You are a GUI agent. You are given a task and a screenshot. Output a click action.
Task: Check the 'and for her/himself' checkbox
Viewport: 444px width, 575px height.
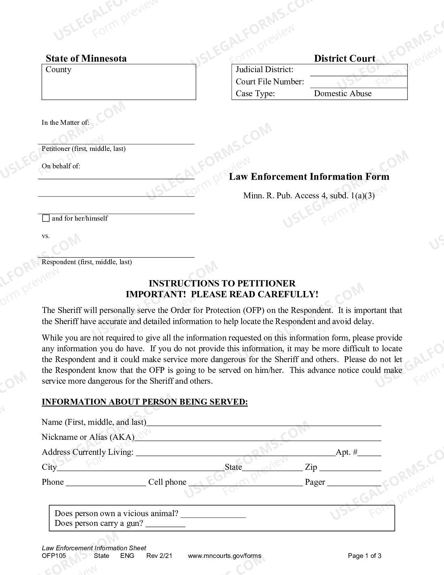[46, 219]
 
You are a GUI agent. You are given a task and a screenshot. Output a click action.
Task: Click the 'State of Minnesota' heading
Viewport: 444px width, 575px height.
[86, 58]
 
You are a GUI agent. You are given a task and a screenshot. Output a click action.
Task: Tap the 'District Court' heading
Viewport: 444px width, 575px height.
[344, 58]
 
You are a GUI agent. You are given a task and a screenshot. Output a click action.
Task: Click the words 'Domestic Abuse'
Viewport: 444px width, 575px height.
[343, 93]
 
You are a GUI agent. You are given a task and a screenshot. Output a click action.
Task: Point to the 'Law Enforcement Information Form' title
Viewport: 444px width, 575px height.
[309, 177]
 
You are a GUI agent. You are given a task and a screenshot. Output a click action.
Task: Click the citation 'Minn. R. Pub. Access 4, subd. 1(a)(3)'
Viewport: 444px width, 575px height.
[309, 195]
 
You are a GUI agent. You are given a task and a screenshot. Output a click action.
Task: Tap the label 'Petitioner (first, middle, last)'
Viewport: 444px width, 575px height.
[84, 149]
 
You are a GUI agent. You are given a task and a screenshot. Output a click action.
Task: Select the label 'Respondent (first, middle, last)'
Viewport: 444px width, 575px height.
[87, 262]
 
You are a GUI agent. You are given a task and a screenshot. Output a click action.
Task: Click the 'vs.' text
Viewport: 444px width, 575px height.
[46, 236]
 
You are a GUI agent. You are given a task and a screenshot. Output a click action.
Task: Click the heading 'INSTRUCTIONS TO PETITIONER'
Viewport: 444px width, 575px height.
[222, 283]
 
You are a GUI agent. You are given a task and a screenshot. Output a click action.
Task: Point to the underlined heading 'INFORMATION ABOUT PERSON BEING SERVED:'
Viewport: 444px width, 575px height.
[145, 402]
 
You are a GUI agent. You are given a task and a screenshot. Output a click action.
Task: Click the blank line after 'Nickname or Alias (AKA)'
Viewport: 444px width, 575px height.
[258, 438]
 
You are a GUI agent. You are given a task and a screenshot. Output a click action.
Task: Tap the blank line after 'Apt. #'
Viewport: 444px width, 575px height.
[369, 453]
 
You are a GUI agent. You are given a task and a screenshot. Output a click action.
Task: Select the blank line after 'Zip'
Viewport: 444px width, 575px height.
[350, 468]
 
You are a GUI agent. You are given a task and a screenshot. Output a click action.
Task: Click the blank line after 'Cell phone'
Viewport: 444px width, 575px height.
[245, 483]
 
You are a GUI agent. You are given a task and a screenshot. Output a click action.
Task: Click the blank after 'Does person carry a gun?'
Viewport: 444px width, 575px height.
[165, 524]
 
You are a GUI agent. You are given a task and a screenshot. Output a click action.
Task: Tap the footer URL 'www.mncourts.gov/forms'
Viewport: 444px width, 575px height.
[224, 556]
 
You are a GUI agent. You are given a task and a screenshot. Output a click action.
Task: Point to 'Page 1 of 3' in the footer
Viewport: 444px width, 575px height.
[365, 556]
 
